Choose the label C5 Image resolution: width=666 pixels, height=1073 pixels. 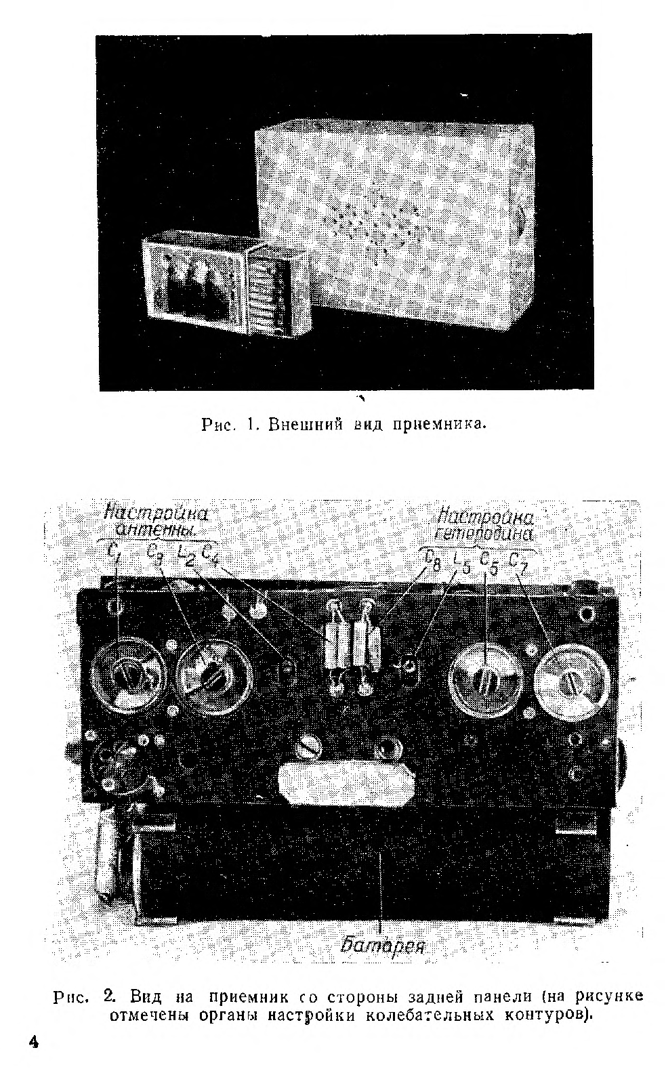click(x=488, y=562)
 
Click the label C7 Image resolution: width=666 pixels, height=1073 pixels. click(x=518, y=562)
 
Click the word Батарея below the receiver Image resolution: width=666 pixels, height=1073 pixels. click(x=383, y=943)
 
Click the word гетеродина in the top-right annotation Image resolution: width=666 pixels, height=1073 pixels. click(x=486, y=533)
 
